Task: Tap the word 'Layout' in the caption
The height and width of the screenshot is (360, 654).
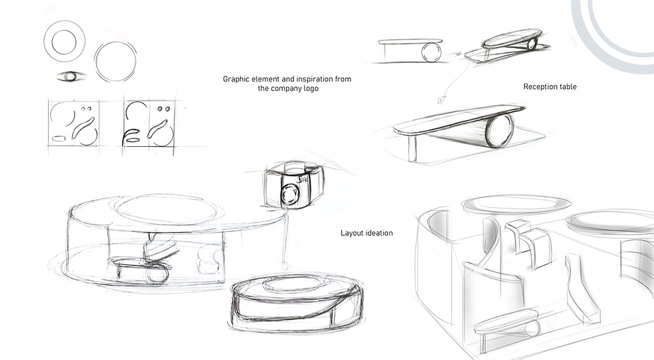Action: click(x=351, y=233)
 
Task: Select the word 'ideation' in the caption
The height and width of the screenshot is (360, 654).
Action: click(x=379, y=233)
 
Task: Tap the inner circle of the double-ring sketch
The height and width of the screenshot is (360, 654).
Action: click(x=64, y=42)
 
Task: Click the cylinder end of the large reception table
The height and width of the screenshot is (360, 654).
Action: click(x=500, y=130)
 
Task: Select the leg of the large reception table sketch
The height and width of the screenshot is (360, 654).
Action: click(x=412, y=148)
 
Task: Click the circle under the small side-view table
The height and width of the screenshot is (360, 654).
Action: click(x=432, y=53)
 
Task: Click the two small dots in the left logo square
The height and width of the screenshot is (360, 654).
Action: click(x=86, y=109)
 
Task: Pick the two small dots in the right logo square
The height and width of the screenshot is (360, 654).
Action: click(x=163, y=109)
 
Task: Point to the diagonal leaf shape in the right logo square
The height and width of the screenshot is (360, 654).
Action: click(x=157, y=129)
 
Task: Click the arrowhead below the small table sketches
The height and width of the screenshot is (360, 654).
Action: click(x=441, y=100)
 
